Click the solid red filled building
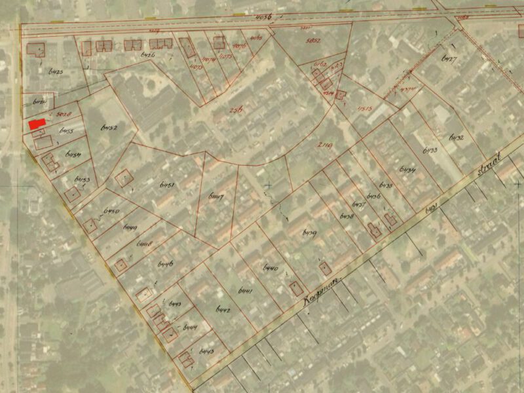[37, 124]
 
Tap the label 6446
[165, 263]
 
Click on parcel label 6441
[246, 290]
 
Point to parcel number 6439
[310, 233]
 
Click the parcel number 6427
[449, 60]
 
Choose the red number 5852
[313, 41]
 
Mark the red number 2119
[325, 146]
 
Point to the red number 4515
[364, 108]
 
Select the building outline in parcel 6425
[37, 50]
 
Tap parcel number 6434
[407, 172]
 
